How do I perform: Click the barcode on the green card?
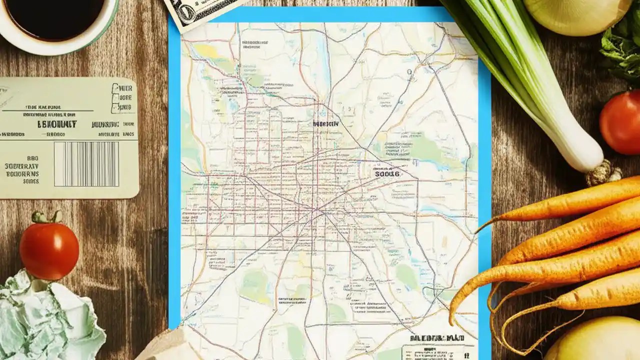coord(86,164)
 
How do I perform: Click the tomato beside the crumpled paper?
coord(49,250)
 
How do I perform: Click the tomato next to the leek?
coord(620,122)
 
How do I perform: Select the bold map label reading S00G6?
coord(387,174)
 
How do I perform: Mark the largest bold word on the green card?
coord(57,123)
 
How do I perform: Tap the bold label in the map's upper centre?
coord(325,123)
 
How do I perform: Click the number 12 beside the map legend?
coord(466,355)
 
